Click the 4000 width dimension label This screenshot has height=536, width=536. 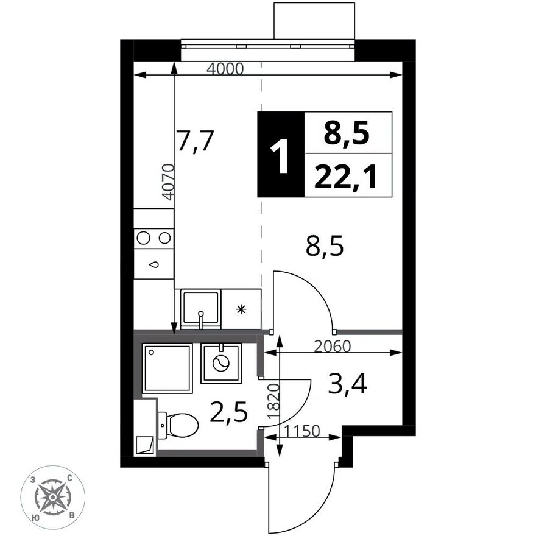pos(225,69)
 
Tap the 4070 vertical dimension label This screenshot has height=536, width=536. pos(168,182)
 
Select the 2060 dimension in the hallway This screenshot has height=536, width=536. pos(333,347)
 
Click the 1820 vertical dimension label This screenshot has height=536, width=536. pos(274,401)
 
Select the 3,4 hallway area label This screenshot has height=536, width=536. pos(348,384)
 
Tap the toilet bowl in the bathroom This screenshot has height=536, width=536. pos(178,426)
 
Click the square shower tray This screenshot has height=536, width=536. pos(167,368)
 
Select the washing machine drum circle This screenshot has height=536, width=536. pos(220,362)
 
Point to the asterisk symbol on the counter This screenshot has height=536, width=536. pos(241,309)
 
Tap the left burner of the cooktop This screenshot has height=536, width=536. pos(143,238)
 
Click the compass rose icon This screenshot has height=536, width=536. pos(52,498)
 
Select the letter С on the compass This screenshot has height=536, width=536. pos(69,478)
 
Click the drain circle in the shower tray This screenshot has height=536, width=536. pos(151,352)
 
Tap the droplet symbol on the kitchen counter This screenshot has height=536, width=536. pos(154,264)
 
